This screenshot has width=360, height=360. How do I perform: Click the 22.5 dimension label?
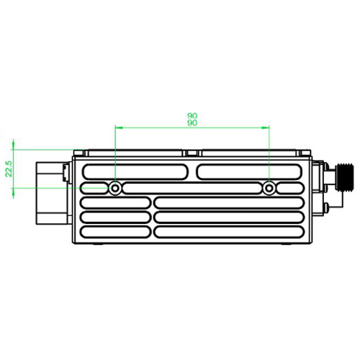click(x=9, y=168)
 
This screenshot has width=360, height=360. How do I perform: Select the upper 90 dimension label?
click(x=192, y=116)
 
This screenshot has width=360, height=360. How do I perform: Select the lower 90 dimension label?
click(x=192, y=123)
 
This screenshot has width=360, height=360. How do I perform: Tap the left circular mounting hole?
click(x=115, y=188)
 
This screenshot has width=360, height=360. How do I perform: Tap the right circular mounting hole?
click(x=269, y=188)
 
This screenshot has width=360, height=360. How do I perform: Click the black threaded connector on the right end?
click(x=345, y=177)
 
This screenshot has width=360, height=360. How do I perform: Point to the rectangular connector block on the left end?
click(x=53, y=193)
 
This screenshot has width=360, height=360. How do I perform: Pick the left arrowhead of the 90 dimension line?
click(x=119, y=127)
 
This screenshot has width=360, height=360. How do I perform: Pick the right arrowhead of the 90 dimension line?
click(x=266, y=127)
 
